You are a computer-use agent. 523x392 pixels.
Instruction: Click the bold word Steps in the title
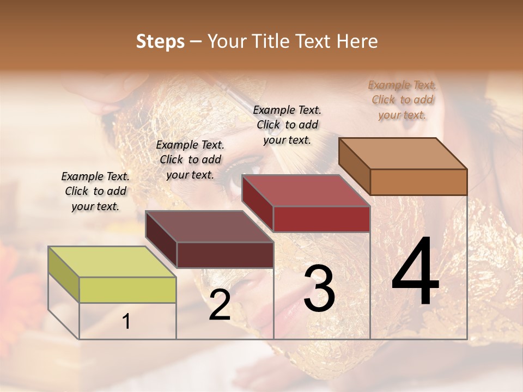160,41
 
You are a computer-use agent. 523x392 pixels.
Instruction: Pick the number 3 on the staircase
319,289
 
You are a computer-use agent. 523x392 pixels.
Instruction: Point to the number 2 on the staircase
220,305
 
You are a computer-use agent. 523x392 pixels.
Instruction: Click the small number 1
126,322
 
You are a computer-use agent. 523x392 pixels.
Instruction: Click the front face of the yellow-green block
127,290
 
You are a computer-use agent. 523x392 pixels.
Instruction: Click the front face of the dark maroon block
225,255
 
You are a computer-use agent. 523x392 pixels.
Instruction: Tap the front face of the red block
321,219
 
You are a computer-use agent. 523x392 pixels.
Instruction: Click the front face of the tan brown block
418,182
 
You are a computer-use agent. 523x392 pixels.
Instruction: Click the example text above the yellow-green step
95,191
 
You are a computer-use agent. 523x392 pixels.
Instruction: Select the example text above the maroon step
190,160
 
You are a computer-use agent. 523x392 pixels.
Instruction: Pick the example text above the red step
287,125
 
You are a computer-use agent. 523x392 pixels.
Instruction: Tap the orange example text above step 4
402,100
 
